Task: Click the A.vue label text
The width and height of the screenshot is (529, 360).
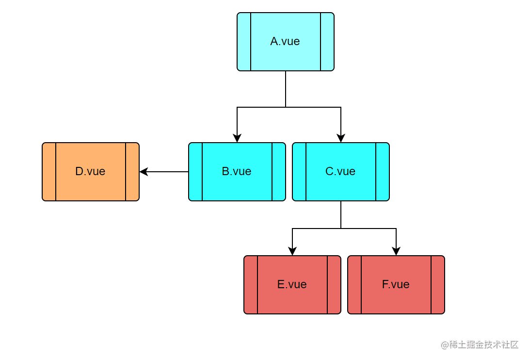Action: click(285, 42)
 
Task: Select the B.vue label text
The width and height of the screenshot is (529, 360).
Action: click(237, 171)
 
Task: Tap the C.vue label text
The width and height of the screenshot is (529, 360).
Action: click(340, 171)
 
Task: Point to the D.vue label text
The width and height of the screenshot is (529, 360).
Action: click(90, 171)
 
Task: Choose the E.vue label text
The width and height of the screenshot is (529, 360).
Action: click(292, 284)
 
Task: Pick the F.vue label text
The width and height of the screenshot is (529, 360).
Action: click(396, 284)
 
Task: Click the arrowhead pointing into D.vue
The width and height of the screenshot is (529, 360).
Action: click(144, 172)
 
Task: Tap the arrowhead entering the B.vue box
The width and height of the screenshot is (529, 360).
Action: click(237, 138)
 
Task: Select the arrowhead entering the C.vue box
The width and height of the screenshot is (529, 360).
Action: click(341, 138)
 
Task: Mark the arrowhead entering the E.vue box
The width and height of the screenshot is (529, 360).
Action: click(292, 251)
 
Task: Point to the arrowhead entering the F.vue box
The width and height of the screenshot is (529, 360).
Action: click(396, 251)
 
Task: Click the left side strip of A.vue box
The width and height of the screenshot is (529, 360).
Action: click(244, 42)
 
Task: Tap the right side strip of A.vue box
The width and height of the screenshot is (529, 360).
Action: click(327, 42)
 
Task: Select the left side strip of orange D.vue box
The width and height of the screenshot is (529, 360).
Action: click(49, 172)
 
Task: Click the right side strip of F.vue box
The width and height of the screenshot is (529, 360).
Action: click(438, 285)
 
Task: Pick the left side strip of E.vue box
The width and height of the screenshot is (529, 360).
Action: click(251, 285)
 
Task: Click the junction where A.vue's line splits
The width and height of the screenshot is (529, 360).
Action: click(286, 107)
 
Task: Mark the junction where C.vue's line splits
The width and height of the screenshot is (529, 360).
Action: click(341, 229)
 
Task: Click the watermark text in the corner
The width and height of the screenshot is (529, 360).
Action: click(480, 344)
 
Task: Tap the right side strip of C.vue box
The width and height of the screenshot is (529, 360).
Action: click(383, 172)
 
